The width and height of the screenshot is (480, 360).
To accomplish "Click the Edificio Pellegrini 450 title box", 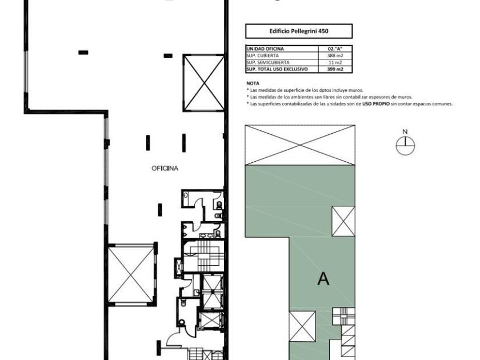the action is point(299,31).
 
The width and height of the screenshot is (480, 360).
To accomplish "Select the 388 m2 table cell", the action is point(335,56).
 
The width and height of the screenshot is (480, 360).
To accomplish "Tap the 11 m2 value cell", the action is point(335,62).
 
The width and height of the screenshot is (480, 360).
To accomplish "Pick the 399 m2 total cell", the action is point(335,69).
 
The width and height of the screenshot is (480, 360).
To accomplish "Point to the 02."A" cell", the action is point(335,49).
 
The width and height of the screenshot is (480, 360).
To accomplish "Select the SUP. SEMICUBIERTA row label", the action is point(267,62).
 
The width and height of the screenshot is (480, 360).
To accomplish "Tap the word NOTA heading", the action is point(253,83).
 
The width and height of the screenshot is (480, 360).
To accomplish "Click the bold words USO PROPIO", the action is point(376,104).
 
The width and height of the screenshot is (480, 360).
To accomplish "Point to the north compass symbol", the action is point(405,145).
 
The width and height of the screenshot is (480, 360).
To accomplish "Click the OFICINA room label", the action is point(165,169).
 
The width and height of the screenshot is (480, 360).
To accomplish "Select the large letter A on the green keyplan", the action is point(323,279).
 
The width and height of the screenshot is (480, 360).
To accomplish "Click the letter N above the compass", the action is point(405,131).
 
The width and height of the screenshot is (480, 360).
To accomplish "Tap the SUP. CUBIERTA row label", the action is point(263,56).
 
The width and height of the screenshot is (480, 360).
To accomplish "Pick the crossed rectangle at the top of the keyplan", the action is point(301,145).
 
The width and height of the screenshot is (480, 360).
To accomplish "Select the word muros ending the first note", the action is point(356,90).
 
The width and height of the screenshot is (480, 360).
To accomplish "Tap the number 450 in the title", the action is point(323,31).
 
